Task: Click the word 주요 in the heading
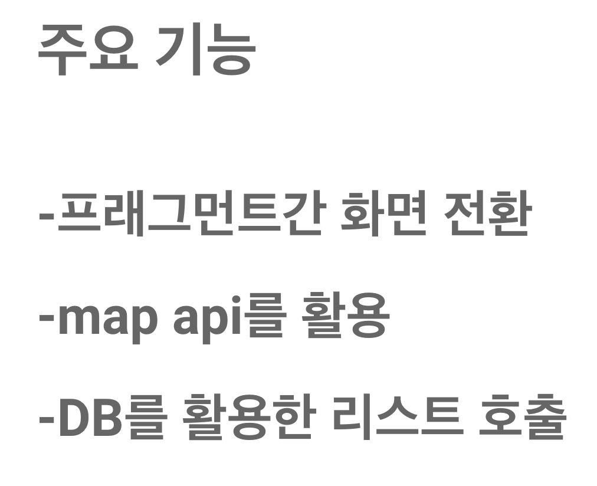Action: click(x=87, y=52)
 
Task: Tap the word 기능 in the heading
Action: click(x=205, y=52)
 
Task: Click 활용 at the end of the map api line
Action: click(x=345, y=318)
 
